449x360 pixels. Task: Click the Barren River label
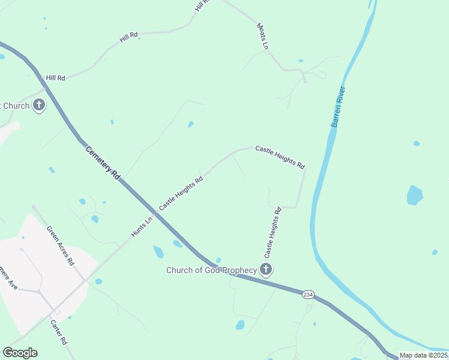(339, 107)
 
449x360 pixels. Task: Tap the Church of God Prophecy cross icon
(266, 269)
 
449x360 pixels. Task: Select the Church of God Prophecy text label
(211, 270)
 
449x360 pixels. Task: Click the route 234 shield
(308, 295)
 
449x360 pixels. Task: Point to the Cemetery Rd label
(103, 161)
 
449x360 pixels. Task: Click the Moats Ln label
(264, 36)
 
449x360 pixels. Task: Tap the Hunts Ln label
(142, 226)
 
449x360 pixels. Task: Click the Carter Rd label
(58, 332)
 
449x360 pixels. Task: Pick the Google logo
(20, 353)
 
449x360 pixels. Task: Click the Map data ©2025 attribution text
(423, 355)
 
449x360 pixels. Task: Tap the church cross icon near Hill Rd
(39, 106)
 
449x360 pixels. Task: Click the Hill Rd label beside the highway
(55, 77)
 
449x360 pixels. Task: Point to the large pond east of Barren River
(415, 196)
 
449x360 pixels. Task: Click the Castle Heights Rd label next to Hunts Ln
(181, 193)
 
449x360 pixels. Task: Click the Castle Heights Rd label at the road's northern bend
(280, 157)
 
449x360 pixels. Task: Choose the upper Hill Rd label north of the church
(128, 37)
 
